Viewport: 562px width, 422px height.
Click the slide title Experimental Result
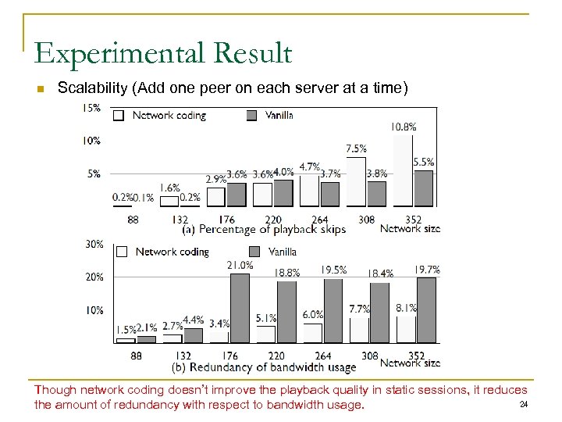point(163,53)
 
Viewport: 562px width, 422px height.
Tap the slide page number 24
point(524,404)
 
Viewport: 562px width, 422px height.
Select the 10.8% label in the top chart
point(403,126)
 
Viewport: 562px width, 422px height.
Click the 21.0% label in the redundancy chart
point(239,265)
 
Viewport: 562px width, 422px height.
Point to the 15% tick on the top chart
point(91,108)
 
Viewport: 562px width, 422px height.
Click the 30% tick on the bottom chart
point(94,244)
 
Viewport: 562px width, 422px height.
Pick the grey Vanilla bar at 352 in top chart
point(424,188)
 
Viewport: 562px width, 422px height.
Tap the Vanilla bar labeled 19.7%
point(426,310)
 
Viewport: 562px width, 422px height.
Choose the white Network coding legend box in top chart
point(119,115)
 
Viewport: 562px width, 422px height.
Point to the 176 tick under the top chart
point(226,220)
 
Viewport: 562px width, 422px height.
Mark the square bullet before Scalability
point(42,88)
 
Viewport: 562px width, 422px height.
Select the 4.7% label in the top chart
point(310,166)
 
